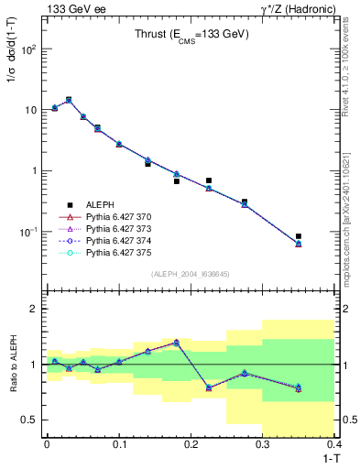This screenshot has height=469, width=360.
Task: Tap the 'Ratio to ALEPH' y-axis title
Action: point(12,365)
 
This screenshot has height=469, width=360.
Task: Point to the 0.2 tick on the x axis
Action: point(191,444)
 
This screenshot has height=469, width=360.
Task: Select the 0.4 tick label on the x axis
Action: point(334,444)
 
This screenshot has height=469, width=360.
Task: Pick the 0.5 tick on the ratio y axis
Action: point(29,420)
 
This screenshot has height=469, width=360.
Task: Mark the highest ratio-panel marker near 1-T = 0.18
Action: point(176,342)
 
